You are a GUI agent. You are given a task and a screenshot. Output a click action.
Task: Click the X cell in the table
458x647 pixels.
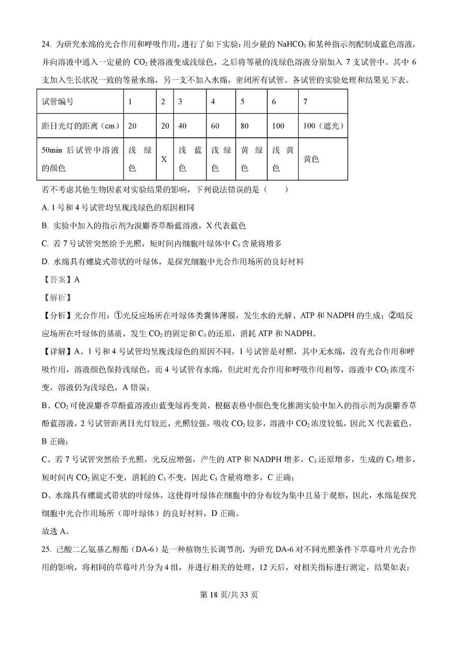coord(164,159)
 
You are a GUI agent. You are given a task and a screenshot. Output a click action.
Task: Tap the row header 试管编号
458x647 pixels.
coord(58,102)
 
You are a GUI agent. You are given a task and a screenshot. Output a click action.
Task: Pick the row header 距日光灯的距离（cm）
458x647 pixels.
coord(78,126)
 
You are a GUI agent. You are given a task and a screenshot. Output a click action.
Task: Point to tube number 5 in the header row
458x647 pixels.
coord(243,102)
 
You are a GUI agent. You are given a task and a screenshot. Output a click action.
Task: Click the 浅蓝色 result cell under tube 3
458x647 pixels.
coord(190,159)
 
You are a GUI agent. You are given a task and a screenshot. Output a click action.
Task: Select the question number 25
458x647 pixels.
coord(46,549)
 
